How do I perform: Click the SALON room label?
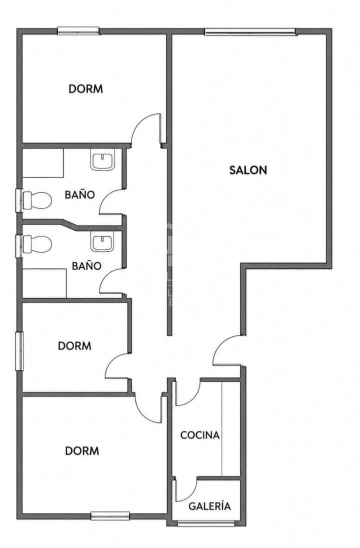[248, 170]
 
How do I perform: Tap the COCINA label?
[200, 435]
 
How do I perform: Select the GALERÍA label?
[209, 506]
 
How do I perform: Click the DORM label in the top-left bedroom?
[86, 89]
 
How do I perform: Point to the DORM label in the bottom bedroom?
[82, 451]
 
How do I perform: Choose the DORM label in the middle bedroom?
[74, 346]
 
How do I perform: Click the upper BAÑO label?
[80, 194]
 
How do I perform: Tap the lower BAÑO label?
[86, 266]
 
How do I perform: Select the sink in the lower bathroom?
[102, 241]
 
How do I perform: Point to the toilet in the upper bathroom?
[36, 200]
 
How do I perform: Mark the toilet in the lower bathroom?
[36, 244]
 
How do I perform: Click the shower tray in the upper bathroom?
[42, 163]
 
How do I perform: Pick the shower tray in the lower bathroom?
[44, 283]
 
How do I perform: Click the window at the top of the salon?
[250, 32]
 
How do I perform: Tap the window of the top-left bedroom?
[78, 31]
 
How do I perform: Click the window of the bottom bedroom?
[110, 515]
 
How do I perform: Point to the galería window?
[206, 523]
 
